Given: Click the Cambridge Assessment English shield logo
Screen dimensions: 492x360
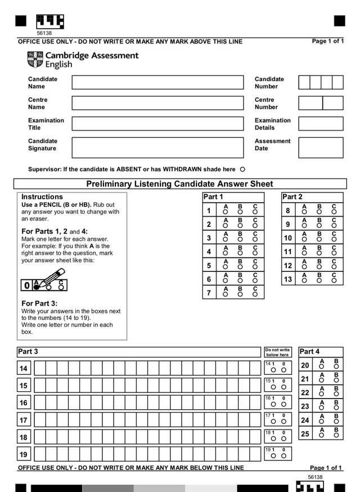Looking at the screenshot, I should (34, 59).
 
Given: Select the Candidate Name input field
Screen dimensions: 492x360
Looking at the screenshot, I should (157, 83).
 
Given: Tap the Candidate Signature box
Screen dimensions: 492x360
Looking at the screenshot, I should (157, 147).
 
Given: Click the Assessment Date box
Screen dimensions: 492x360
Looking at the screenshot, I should (321, 147).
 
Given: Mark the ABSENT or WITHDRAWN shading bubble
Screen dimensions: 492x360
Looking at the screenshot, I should (242, 169).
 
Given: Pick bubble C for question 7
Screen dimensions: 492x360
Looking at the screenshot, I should (255, 295).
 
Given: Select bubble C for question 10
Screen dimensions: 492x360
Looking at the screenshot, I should (334, 240).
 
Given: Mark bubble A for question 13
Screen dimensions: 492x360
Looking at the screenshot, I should (304, 281).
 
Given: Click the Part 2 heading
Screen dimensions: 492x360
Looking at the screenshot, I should (292, 197).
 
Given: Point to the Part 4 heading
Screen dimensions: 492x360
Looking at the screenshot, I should (309, 351).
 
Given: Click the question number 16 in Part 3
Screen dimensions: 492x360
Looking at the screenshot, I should (24, 403).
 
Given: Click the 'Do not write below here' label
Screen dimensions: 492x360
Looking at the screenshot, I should (277, 352).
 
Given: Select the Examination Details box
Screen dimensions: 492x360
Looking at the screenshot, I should (321, 124).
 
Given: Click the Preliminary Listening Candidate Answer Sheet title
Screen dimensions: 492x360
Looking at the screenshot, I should (179, 184).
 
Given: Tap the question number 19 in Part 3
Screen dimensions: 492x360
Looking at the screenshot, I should (24, 455).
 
